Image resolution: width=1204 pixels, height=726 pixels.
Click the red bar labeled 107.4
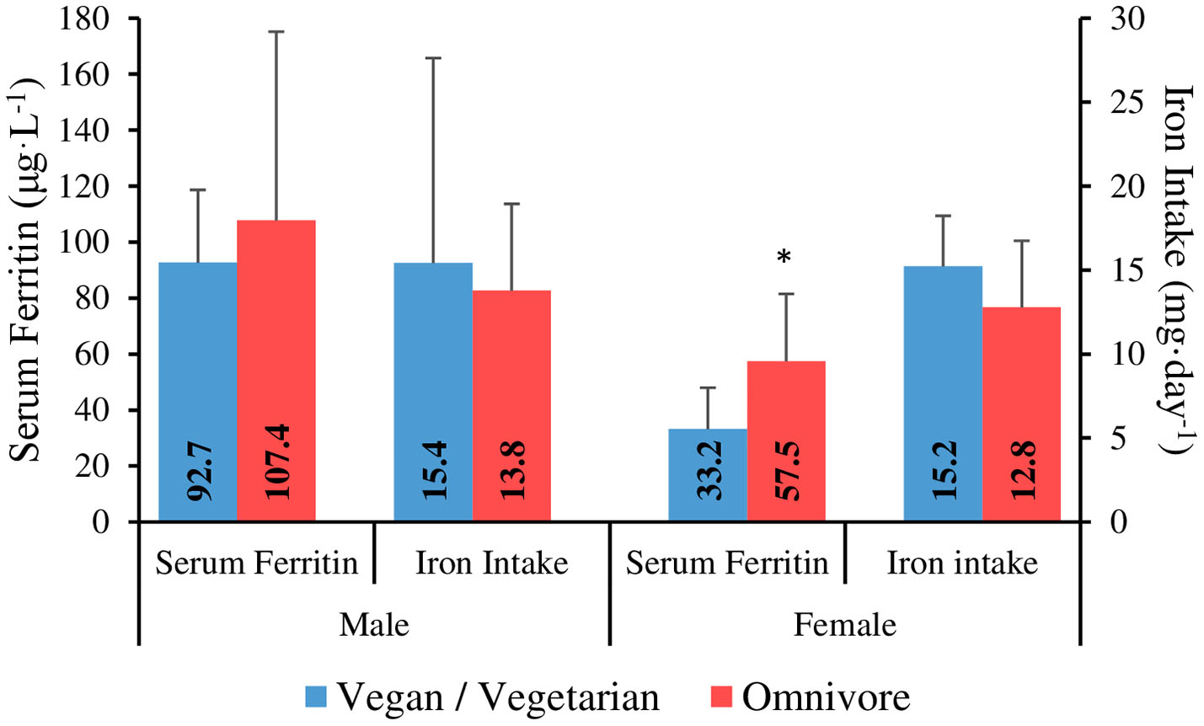tap(276, 371)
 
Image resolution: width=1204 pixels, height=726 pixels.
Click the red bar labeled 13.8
tap(511, 405)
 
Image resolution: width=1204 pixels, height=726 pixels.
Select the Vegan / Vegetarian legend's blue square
tap(316, 697)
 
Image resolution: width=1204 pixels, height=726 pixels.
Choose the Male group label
tap(373, 625)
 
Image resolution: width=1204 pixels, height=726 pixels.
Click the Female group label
tap(844, 625)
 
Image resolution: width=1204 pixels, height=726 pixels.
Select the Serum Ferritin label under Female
tap(726, 563)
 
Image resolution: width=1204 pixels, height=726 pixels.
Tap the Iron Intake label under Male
tap(491, 563)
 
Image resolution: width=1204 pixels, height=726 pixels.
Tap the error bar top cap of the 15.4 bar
tap(433, 58)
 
